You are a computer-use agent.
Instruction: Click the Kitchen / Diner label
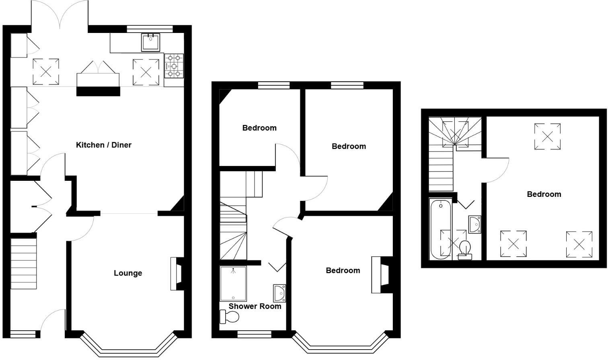tap(104, 145)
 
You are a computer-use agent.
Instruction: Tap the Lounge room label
tap(128, 273)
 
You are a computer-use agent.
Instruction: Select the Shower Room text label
tap(255, 306)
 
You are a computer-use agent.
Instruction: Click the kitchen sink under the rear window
tap(150, 42)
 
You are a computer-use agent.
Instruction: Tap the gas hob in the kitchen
tap(174, 66)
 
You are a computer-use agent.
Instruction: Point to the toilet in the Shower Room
tap(230, 317)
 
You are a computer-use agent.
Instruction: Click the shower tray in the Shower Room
tap(233, 284)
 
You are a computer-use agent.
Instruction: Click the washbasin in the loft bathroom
tap(475, 224)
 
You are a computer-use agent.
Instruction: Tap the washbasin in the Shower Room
tap(279, 293)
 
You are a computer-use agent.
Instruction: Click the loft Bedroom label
tap(544, 194)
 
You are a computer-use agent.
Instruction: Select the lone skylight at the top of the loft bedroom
tap(547, 137)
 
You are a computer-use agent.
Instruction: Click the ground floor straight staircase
tap(23, 263)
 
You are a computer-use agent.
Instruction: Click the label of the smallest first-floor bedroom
tap(259, 128)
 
